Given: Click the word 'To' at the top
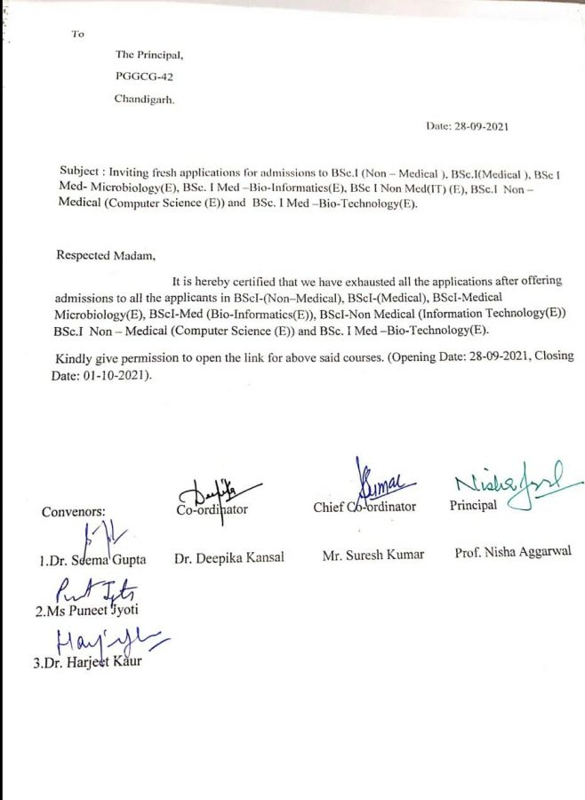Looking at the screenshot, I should [x=78, y=35].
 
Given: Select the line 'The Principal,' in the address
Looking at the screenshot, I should [x=149, y=55].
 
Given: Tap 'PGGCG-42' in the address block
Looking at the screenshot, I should [x=138, y=77].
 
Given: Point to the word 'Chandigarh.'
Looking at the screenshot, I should [x=145, y=100].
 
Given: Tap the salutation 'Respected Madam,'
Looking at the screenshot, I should [x=105, y=255].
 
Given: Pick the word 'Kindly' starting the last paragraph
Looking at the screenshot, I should [x=73, y=357].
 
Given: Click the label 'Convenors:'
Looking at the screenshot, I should [x=73, y=512].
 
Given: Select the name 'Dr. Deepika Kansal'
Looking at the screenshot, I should [x=229, y=558].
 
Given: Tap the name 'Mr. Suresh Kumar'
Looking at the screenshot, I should [x=373, y=555].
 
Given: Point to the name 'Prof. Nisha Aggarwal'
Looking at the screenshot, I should [x=513, y=552].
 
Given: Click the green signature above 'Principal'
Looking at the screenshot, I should [x=516, y=487].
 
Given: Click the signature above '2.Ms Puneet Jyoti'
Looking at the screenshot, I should [x=100, y=590].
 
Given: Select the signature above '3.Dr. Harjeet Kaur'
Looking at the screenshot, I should [x=108, y=641].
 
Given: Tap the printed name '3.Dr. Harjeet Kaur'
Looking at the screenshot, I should [x=87, y=664].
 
